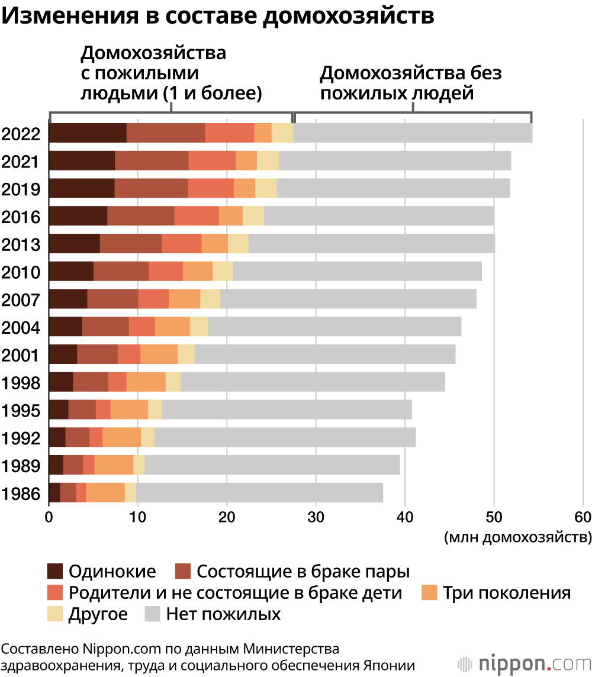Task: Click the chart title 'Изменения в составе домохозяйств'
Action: tap(219, 16)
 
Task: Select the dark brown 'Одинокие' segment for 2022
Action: tap(88, 133)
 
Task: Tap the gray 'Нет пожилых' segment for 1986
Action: tap(259, 493)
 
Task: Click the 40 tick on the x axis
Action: tap(405, 517)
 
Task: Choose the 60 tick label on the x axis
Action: tap(583, 517)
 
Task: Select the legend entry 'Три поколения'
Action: tap(507, 593)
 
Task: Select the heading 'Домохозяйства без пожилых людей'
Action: tap(411, 83)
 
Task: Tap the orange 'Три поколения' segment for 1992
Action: tap(121, 437)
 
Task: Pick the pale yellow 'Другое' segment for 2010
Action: tap(223, 272)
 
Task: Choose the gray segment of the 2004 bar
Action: tap(334, 327)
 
